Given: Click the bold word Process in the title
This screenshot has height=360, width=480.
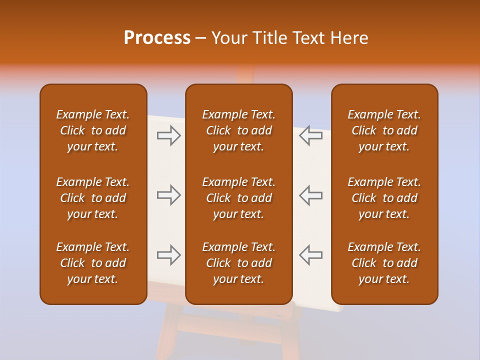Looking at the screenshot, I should [x=157, y=38].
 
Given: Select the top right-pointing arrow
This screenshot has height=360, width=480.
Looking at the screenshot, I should [x=169, y=135].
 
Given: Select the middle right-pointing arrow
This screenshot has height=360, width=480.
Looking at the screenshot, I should [x=169, y=195].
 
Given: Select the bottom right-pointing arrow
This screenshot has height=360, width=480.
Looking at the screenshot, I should [x=169, y=255].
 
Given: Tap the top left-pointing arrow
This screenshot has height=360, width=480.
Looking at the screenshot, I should [x=310, y=135].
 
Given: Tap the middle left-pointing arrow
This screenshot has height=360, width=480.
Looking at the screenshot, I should [x=310, y=195].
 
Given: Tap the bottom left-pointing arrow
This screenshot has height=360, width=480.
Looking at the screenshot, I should [x=310, y=255].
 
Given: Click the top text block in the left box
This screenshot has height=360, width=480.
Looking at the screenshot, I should [x=93, y=130].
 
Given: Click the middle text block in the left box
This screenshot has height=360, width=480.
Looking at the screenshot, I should [x=93, y=198].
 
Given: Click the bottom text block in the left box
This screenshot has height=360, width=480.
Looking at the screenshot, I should [x=93, y=263].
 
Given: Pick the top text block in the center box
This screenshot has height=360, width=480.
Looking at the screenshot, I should [x=239, y=130].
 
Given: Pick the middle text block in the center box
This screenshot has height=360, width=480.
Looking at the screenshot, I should [x=239, y=198].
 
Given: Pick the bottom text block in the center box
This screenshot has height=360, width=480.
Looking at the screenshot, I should [x=239, y=263].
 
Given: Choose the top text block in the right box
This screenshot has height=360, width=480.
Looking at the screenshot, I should [x=384, y=130].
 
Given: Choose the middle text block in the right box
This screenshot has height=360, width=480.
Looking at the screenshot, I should [x=384, y=198].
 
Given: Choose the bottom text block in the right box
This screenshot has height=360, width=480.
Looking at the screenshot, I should [x=384, y=263].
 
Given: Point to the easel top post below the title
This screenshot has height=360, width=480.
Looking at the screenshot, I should [x=244, y=75].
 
